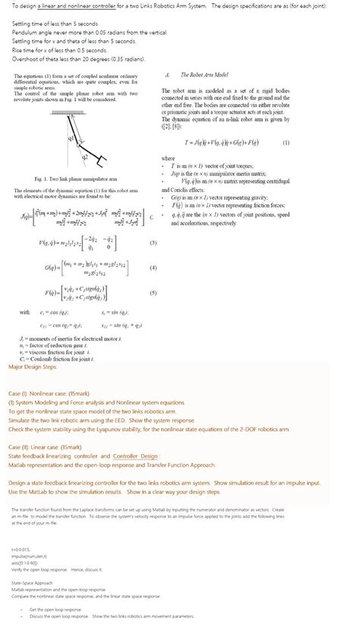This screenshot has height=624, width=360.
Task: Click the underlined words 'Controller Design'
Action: click(135, 455)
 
